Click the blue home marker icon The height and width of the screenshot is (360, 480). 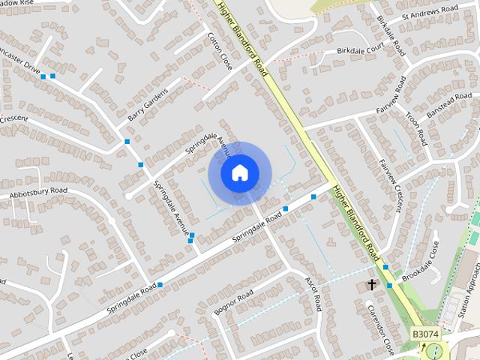coord(239,173)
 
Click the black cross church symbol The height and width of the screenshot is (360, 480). coord(371,284)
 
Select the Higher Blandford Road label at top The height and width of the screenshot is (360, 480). coord(242,37)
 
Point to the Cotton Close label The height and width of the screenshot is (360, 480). coord(220,51)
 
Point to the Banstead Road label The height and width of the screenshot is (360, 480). coord(448,103)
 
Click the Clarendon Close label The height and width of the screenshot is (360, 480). coord(380,329)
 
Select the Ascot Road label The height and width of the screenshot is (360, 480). coord(313,293)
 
